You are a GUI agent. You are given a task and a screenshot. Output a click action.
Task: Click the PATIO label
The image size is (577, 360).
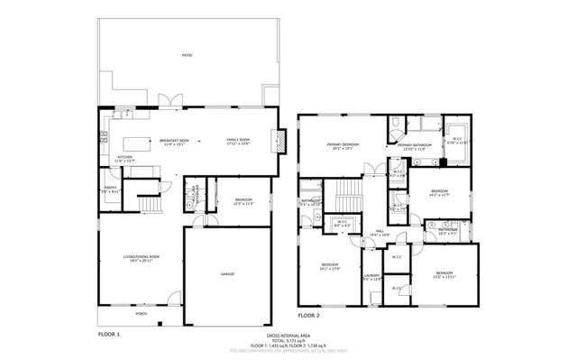[x=187, y=55]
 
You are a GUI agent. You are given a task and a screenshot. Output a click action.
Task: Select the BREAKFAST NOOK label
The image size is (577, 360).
[x=174, y=141]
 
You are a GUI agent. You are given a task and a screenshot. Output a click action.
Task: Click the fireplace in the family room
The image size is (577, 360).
[x=281, y=142]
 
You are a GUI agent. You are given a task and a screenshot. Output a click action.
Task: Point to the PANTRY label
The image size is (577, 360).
[x=110, y=189]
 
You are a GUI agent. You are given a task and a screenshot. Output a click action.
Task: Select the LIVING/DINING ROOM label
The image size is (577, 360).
[x=142, y=257]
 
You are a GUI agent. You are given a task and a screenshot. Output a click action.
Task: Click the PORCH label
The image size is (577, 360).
[x=142, y=313]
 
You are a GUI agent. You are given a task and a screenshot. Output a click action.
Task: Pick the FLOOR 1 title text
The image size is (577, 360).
[x=109, y=334]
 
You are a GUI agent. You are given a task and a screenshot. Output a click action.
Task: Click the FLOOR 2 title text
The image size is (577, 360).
[x=309, y=316]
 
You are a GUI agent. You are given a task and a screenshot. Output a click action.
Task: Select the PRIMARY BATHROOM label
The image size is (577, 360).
[x=417, y=145]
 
